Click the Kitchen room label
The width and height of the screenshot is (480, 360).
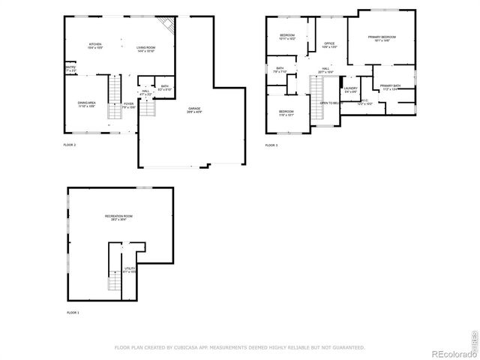tap(95, 46)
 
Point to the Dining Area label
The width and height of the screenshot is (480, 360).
tap(86, 104)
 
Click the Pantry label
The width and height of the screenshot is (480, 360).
tap(70, 70)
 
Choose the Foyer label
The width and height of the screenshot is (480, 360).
tap(129, 106)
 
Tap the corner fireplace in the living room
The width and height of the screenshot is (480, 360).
tap(171, 28)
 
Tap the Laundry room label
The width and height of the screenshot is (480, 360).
tap(351, 90)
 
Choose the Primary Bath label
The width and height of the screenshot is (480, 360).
tap(391, 88)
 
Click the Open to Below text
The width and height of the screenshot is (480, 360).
tap(331, 103)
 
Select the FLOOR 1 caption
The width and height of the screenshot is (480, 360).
tap(73, 311)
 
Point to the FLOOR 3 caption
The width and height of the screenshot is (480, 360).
tap(271, 145)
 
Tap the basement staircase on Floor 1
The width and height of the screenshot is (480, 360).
tap(114, 281)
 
